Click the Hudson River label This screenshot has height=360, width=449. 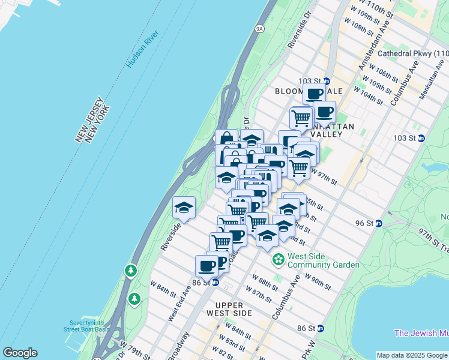[x=142, y=49]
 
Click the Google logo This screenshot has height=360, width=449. [x=20, y=353]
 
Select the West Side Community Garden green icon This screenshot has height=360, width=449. [x=279, y=260]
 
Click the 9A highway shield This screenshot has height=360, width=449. [x=259, y=28]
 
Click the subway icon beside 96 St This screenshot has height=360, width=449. [x=378, y=223]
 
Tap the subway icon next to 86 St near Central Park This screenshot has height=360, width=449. [x=321, y=328]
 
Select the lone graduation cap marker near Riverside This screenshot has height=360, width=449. [x=184, y=208]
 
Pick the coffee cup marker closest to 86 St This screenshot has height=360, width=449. [x=207, y=265]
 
